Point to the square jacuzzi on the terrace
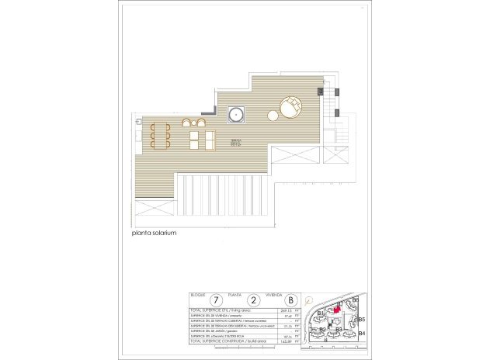(x=236, y=116)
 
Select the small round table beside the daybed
(x=273, y=116)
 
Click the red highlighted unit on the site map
(x=336, y=310)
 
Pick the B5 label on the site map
(x=360, y=318)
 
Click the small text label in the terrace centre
(x=236, y=143)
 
